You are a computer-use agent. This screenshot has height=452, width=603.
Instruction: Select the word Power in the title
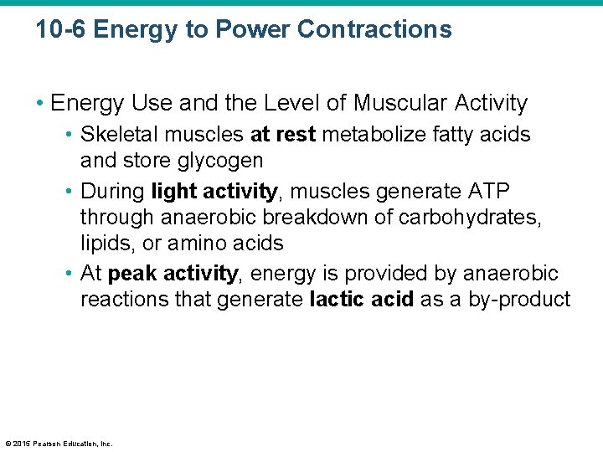pyautogui.click(x=252, y=30)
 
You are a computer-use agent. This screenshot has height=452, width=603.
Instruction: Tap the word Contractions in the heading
pyautogui.click(x=374, y=30)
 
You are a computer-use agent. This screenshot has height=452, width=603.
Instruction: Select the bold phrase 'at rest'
pyautogui.click(x=283, y=134)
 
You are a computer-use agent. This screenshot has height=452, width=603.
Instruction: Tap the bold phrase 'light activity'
pyautogui.click(x=214, y=191)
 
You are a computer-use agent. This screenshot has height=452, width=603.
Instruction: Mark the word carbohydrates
pyautogui.click(x=472, y=218)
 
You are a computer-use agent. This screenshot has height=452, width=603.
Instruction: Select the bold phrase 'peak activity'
pyautogui.click(x=173, y=274)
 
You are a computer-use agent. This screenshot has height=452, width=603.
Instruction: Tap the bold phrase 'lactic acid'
pyautogui.click(x=362, y=300)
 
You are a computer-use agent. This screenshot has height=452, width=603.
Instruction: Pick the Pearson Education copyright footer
pyautogui.click(x=59, y=444)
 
